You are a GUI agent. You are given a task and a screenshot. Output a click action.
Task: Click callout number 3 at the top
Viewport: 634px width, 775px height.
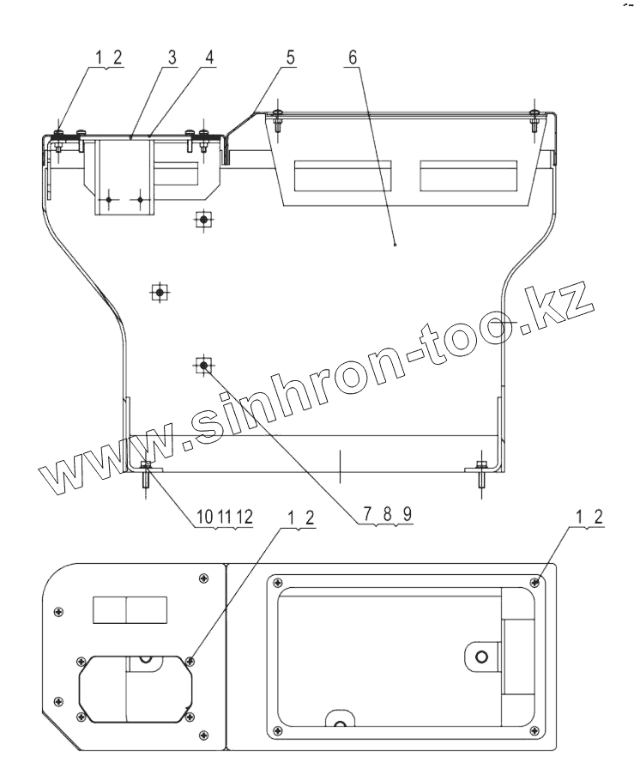click(x=172, y=58)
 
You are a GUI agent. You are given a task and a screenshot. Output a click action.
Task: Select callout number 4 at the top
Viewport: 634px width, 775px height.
click(x=209, y=58)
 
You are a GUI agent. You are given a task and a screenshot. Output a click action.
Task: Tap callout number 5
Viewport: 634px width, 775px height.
click(x=290, y=58)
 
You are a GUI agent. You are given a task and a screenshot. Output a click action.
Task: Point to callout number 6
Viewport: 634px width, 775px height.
click(x=352, y=58)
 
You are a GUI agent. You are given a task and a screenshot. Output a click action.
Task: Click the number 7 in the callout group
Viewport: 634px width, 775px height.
click(x=368, y=515)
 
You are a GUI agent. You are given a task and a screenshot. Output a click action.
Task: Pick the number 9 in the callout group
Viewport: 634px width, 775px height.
click(x=407, y=515)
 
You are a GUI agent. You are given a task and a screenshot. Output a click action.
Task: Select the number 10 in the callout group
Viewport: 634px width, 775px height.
click(x=204, y=518)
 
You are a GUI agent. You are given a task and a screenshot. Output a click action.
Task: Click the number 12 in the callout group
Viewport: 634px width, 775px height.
click(x=245, y=518)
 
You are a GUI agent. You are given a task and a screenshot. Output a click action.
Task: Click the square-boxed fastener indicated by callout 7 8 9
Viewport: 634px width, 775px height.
click(x=203, y=366)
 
